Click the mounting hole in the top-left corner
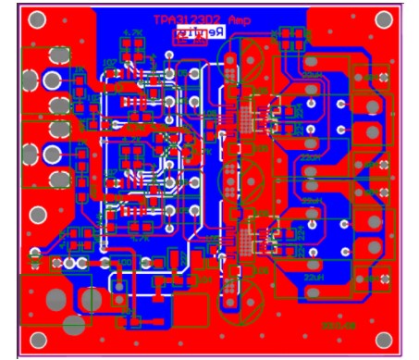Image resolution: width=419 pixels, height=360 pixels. [x=38, y=19]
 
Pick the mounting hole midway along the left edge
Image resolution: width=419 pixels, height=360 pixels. [x=38, y=216]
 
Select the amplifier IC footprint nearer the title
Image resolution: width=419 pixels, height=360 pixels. [x=248, y=118]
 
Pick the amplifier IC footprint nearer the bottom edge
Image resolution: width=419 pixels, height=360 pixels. [x=248, y=234]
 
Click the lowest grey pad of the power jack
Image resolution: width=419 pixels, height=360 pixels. [x=73, y=326]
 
